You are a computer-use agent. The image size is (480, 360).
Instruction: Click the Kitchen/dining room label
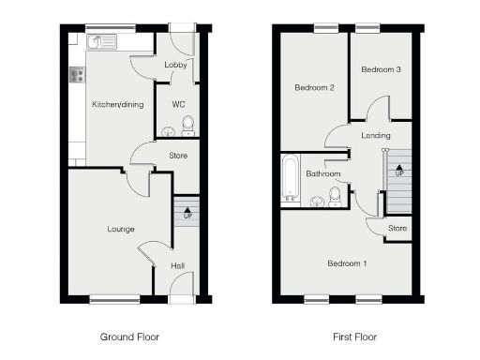pyautogui.click(x=117, y=104)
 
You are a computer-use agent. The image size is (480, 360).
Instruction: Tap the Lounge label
pyautogui.click(x=121, y=229)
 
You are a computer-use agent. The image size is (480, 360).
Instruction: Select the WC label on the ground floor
pyautogui.click(x=175, y=103)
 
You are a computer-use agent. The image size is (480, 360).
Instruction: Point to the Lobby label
pyautogui.click(x=175, y=65)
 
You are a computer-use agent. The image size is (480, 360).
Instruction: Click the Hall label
pyautogui.click(x=177, y=265)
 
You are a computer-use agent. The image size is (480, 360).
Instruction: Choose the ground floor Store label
pyautogui.click(x=178, y=156)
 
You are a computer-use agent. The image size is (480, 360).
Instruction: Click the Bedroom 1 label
pyautogui.click(x=347, y=263)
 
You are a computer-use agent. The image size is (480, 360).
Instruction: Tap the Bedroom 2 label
pyautogui.click(x=314, y=88)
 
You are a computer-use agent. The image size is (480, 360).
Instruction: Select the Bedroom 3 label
pyautogui.click(x=381, y=69)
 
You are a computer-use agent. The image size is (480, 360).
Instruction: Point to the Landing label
pyautogui.click(x=376, y=137)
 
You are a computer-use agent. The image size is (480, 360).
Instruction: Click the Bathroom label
pyautogui.click(x=323, y=173)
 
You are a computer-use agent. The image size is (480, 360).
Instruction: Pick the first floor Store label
pyautogui.click(x=398, y=227)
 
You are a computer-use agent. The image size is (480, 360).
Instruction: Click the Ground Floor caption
pyautogui.click(x=129, y=336)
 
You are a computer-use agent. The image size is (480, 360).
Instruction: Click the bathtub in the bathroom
pyautogui.click(x=290, y=178)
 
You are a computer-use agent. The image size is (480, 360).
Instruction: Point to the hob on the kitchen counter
pyautogui.click(x=75, y=76)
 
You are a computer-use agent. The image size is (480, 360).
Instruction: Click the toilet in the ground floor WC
pyautogui.click(x=187, y=125)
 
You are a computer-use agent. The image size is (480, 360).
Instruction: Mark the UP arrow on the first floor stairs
pyautogui.click(x=400, y=172)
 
